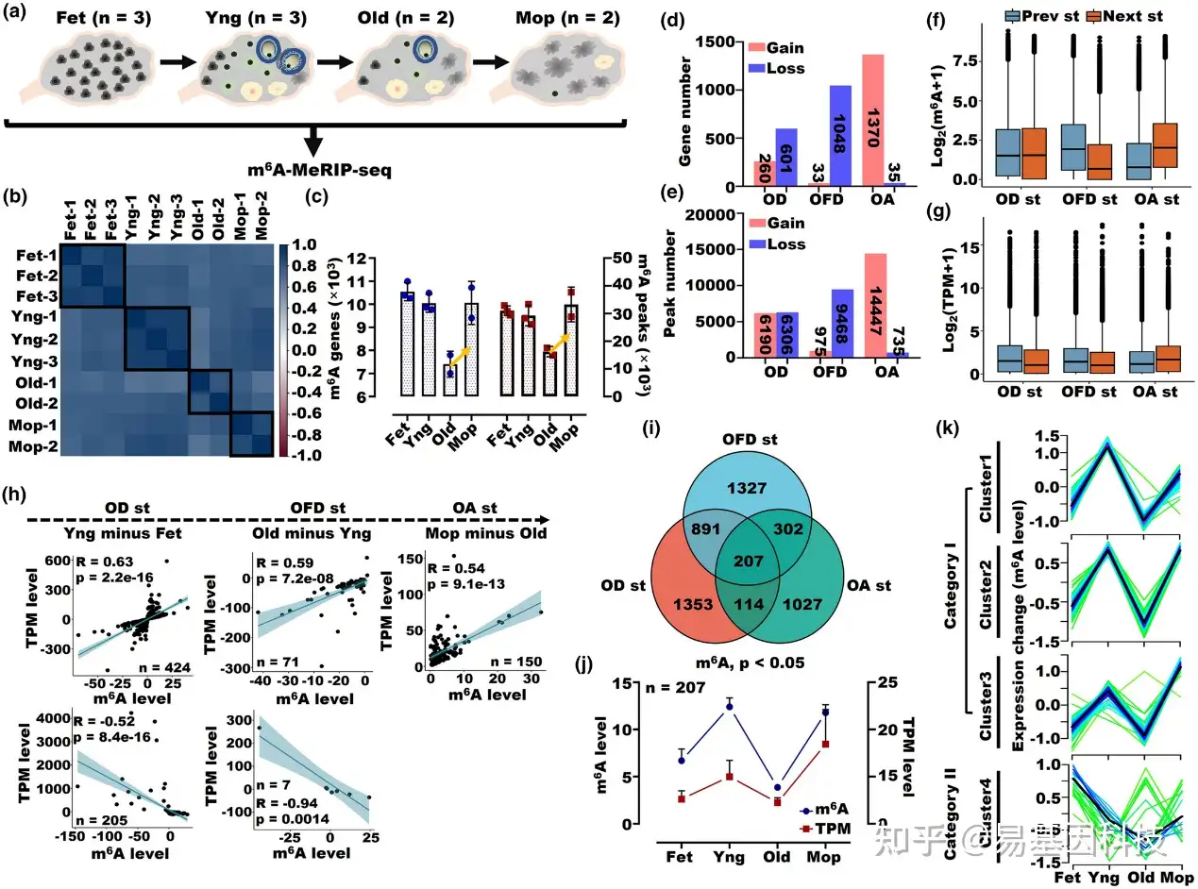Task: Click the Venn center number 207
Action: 747,563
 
